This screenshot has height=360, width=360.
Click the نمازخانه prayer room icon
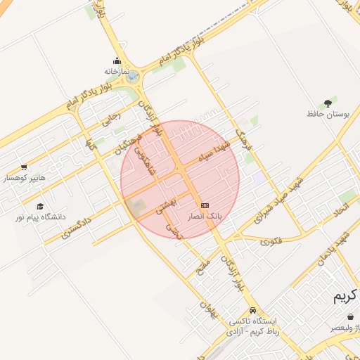117,61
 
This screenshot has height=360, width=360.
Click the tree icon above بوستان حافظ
328,102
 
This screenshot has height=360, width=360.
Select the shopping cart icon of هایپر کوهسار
24,167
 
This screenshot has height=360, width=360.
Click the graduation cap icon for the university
40,206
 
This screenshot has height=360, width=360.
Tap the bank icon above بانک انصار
205,205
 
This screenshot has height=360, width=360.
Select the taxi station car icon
252,310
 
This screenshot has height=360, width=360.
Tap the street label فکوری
271,240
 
